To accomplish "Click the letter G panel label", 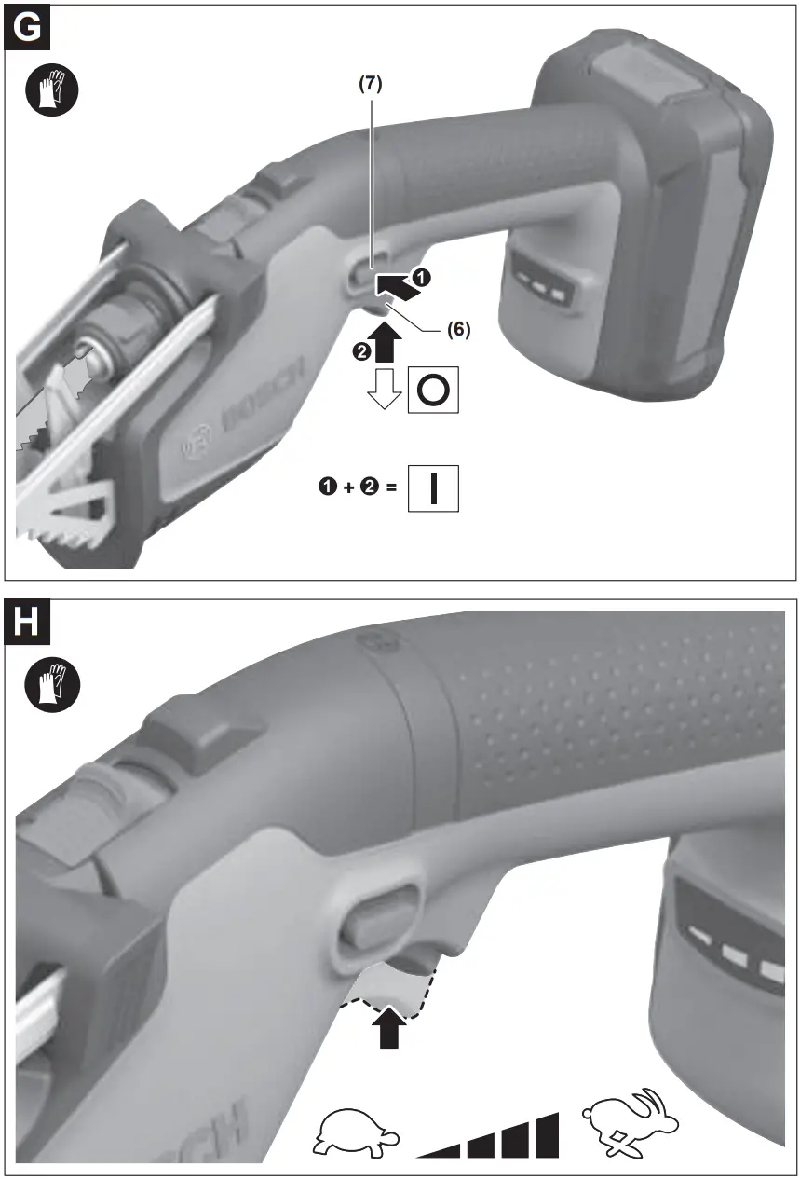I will tap(28, 27).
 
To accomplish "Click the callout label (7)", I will tap(371, 83).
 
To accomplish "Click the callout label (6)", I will tap(457, 329).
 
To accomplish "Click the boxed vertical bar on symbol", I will tap(432, 488).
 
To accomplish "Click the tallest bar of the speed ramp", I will tap(547, 1135).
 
